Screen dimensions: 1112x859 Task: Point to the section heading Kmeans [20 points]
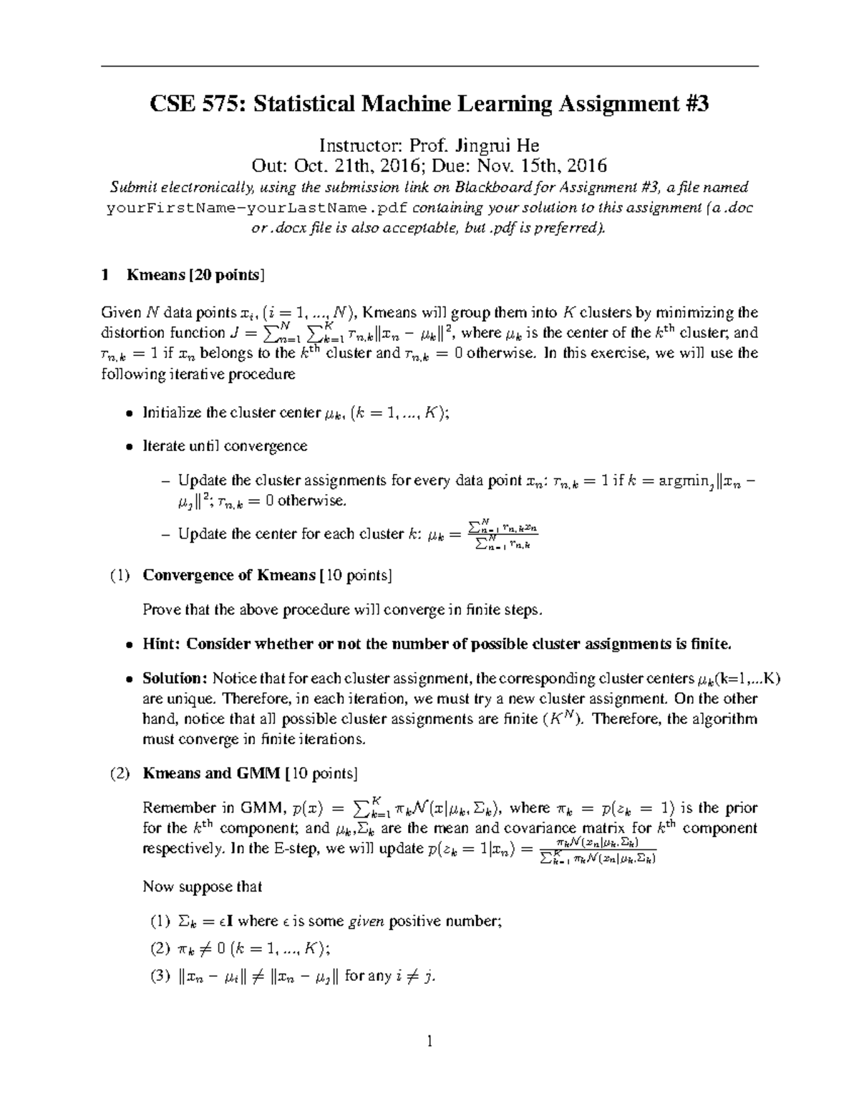click(x=195, y=275)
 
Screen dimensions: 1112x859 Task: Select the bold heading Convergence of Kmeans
click(x=229, y=575)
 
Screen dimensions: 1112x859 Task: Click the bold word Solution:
click(x=175, y=678)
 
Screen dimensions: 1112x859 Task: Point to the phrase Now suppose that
click(x=203, y=886)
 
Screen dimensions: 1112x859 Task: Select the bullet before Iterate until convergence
click(x=129, y=447)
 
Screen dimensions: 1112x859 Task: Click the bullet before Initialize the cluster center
click(x=129, y=413)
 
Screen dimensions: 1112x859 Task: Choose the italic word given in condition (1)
click(x=366, y=922)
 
